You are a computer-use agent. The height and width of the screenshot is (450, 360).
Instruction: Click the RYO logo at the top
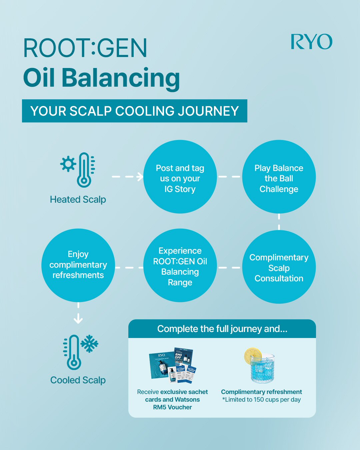tap(311, 41)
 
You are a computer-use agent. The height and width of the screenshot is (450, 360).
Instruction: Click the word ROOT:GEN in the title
tap(85, 48)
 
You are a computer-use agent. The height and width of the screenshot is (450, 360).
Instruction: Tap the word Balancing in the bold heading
tap(121, 79)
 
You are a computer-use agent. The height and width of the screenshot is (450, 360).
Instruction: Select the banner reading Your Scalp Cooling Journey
tap(135, 111)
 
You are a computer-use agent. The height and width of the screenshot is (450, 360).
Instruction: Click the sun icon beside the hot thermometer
tap(68, 164)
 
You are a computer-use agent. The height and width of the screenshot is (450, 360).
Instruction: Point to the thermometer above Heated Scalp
tap(84, 170)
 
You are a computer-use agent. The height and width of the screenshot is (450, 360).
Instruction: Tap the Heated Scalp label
tap(78, 199)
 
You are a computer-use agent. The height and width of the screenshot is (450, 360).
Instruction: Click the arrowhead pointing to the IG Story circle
tap(140, 177)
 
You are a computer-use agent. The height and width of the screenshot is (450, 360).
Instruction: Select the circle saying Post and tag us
tap(180, 177)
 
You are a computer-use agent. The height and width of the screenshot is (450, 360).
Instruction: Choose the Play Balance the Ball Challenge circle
tap(279, 177)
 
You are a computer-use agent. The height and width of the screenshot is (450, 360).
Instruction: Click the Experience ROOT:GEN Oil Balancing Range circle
tap(180, 265)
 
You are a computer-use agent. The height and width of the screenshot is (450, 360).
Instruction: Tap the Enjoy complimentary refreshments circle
tap(78, 265)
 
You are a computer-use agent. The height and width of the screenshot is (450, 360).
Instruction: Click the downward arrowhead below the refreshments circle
tap(78, 320)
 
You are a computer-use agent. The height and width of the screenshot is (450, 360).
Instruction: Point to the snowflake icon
tap(89, 344)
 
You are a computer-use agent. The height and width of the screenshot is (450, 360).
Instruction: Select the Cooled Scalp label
tap(78, 380)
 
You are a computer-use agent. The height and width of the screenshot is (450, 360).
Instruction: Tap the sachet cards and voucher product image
tap(173, 366)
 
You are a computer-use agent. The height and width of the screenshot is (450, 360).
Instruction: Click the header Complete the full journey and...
tap(222, 329)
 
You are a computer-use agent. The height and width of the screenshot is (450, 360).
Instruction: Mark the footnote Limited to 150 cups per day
tap(261, 400)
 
